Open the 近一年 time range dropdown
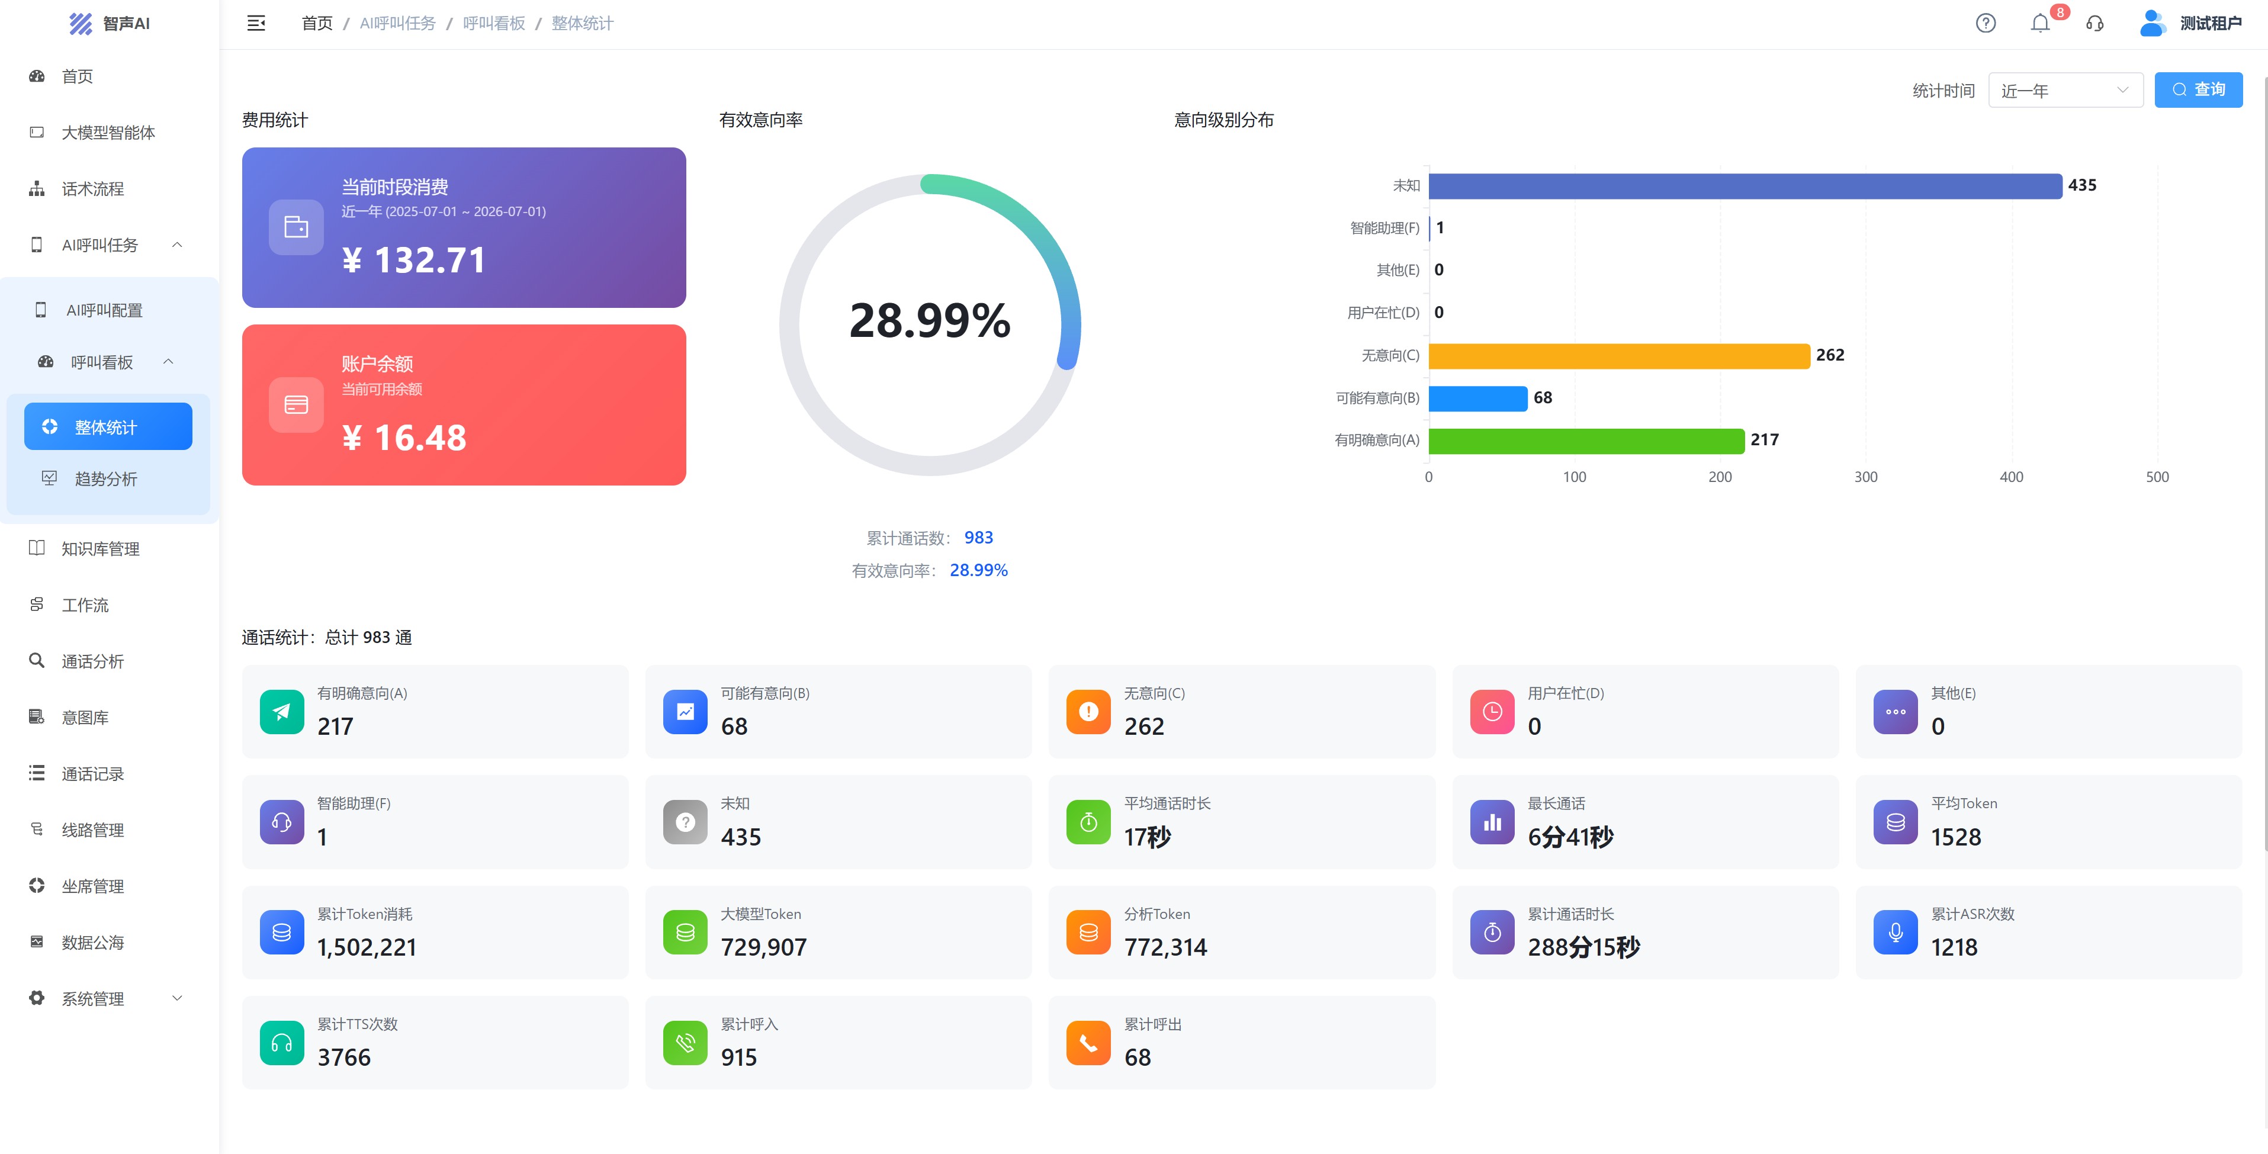(x=2065, y=90)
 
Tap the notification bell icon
(x=2040, y=23)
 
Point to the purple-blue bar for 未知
(x=1745, y=186)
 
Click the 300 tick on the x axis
(x=1866, y=477)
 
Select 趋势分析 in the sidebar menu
(x=105, y=479)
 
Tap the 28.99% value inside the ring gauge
(x=930, y=320)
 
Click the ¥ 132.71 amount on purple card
(x=414, y=261)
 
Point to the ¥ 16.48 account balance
(x=404, y=438)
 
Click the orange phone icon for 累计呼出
(x=1088, y=1043)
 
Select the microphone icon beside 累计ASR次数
(x=1896, y=932)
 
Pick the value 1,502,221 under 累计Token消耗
(x=367, y=947)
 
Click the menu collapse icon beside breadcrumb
(x=256, y=23)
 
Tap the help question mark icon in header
(x=1986, y=23)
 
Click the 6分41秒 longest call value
(x=1570, y=837)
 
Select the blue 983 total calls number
(x=978, y=538)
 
